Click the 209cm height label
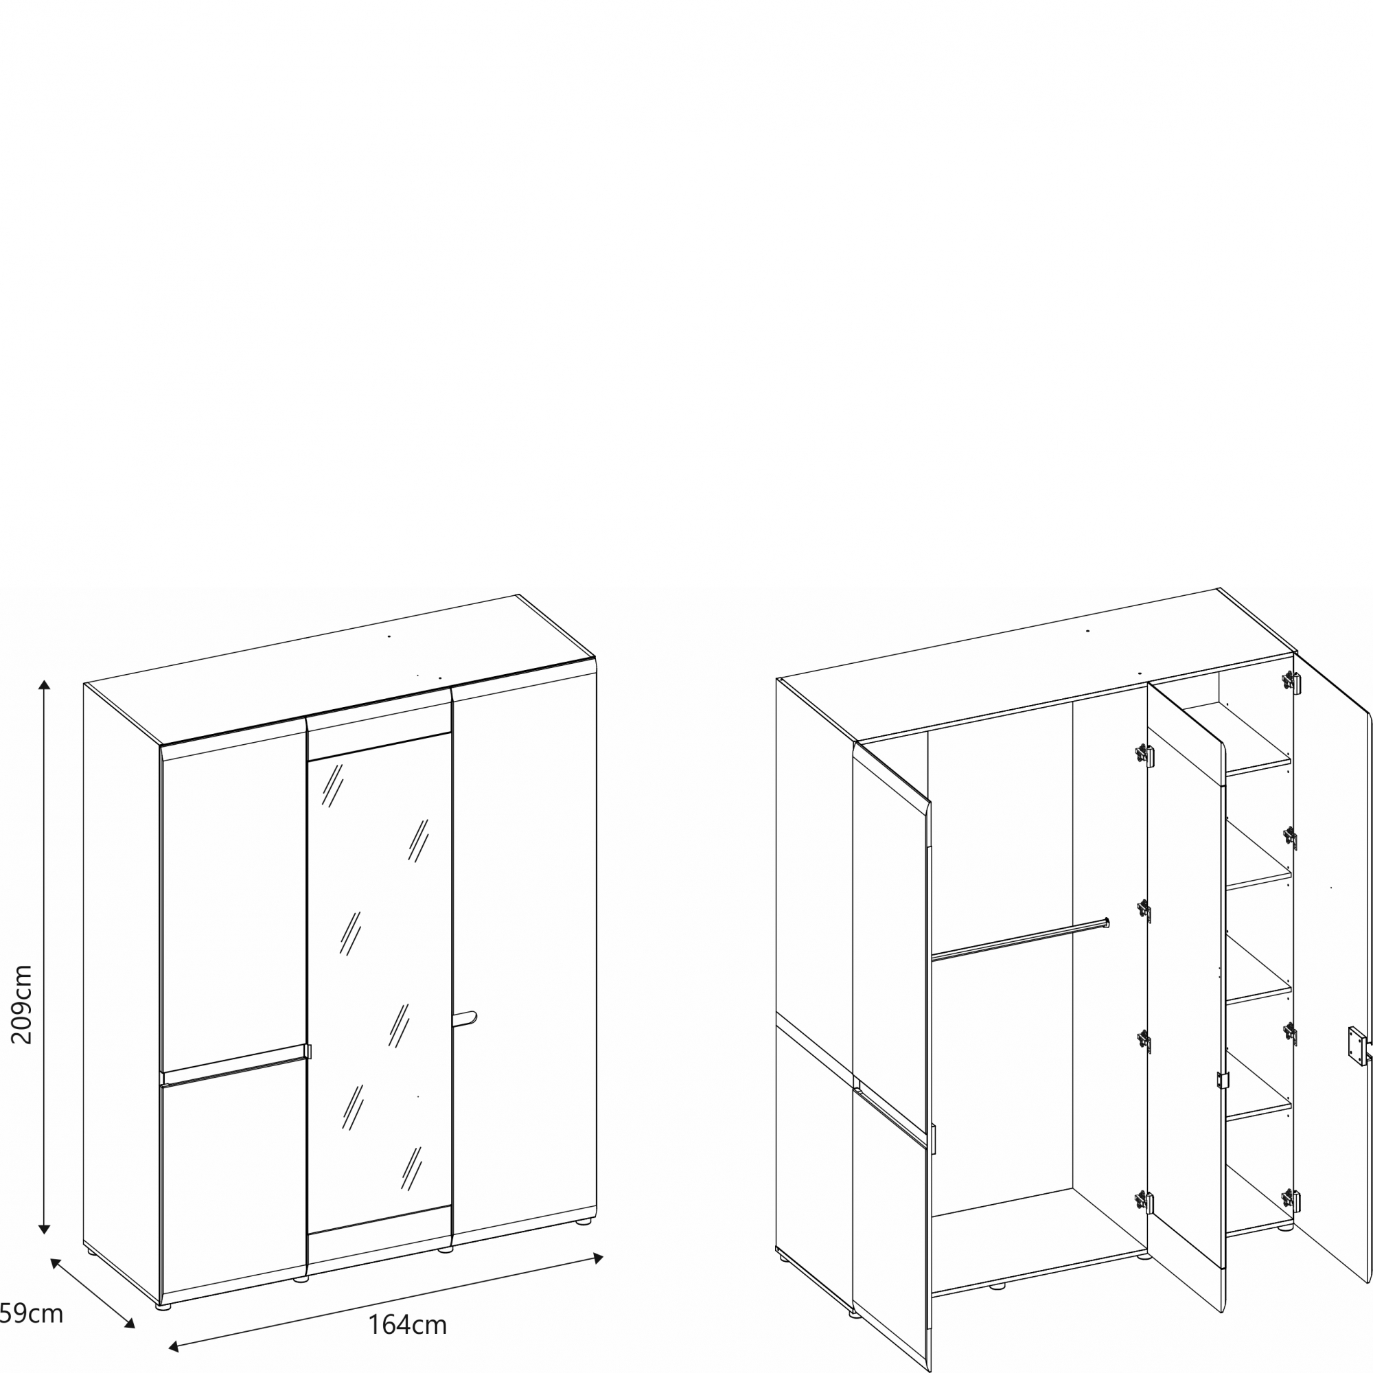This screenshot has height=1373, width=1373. click(22, 1004)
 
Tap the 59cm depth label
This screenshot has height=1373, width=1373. click(31, 1314)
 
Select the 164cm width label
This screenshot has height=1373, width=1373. click(407, 1325)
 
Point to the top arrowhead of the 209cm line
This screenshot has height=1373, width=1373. click(44, 685)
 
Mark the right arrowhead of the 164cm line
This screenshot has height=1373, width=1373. click(599, 1258)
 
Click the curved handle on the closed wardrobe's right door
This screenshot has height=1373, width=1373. click(465, 1018)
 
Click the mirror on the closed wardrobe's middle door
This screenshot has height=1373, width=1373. click(380, 984)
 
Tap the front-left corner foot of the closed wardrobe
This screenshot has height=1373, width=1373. click(163, 1307)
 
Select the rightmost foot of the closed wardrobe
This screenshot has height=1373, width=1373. click(584, 1223)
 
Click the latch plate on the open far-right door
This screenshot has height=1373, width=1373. click(1357, 1046)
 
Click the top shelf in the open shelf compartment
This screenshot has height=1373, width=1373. click(1258, 768)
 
